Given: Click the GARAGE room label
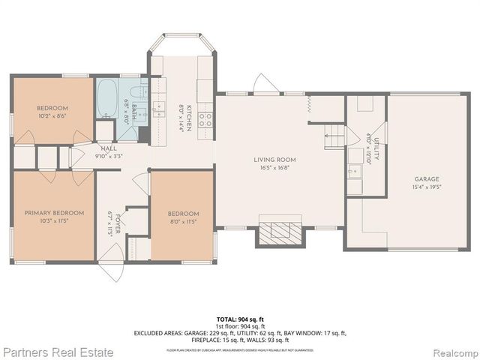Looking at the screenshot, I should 426,179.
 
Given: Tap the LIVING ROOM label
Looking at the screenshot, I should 274,160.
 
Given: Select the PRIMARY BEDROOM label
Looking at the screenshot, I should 53,213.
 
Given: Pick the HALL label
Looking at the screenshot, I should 109,148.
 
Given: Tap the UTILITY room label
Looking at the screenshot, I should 376,148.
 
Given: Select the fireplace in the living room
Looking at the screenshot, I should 281,231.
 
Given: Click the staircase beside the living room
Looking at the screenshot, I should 334,136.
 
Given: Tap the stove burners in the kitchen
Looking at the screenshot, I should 205,118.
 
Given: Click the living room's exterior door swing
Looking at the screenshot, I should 265,84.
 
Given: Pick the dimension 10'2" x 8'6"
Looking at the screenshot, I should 52,117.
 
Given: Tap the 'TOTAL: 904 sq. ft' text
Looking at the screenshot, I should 240,318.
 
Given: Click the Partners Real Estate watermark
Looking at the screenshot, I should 58,351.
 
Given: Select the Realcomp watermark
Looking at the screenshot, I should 451,351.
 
